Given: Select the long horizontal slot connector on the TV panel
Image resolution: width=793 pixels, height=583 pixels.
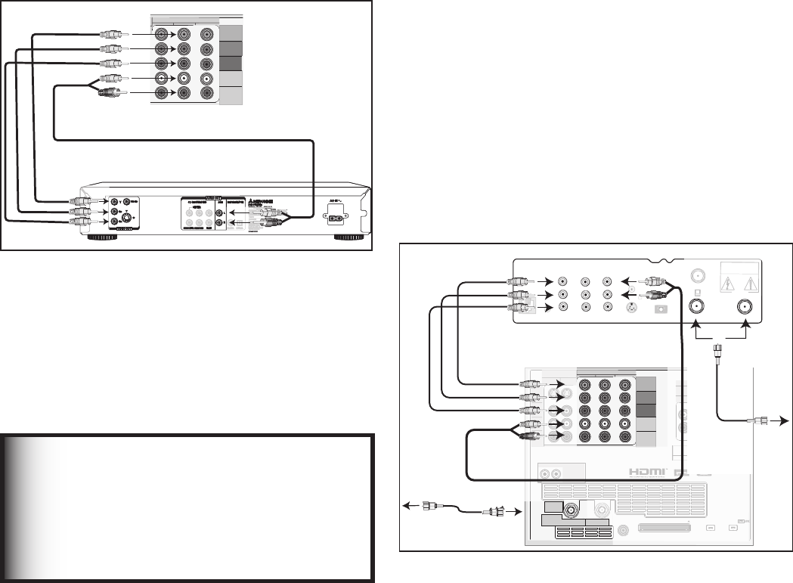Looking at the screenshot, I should [x=664, y=528].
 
